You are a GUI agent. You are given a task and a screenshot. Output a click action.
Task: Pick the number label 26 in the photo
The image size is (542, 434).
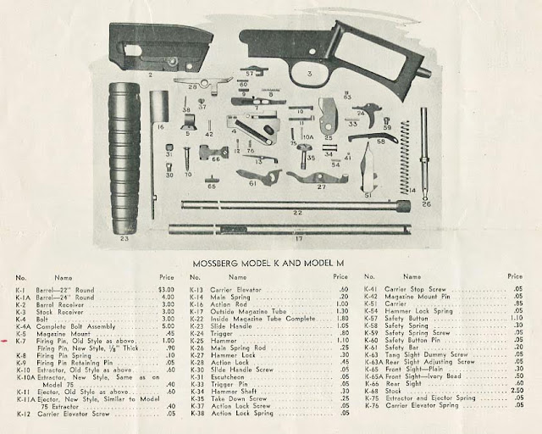point(426,204)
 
